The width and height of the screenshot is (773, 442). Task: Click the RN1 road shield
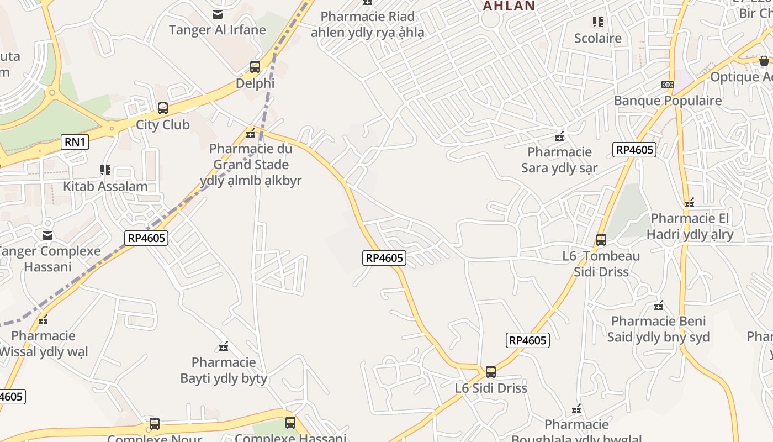pos(75,142)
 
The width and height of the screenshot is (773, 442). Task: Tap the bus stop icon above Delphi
pos(255,67)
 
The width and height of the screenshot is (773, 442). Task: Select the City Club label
pos(163,125)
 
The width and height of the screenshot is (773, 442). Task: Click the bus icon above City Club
pos(163,108)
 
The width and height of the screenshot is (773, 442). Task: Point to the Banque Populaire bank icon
pos(667,85)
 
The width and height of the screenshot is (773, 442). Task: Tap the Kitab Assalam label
pos(105,186)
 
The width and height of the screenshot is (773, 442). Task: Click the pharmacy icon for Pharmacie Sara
pos(559,136)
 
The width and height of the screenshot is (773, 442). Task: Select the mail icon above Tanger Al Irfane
pos(218,14)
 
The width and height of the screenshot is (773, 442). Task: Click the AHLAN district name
pos(509,6)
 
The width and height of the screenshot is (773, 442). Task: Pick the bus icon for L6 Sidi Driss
pos(491,372)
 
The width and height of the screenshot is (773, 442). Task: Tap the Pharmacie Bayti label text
pos(224,371)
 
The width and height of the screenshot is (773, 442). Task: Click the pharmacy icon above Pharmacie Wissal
pos(43,319)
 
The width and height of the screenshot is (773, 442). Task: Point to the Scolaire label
pos(598,38)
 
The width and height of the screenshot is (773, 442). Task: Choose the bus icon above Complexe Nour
pos(155,424)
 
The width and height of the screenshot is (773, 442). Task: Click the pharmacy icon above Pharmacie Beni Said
pos(659,305)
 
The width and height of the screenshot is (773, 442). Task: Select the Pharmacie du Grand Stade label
pos(251,164)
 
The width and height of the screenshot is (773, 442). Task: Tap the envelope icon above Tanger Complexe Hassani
pos(48,235)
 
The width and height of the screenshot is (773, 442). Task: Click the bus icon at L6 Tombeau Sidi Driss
pos(601,240)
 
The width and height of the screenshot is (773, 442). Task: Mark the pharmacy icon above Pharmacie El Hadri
pos(690,203)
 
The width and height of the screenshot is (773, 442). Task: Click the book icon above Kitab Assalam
pos(105,170)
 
